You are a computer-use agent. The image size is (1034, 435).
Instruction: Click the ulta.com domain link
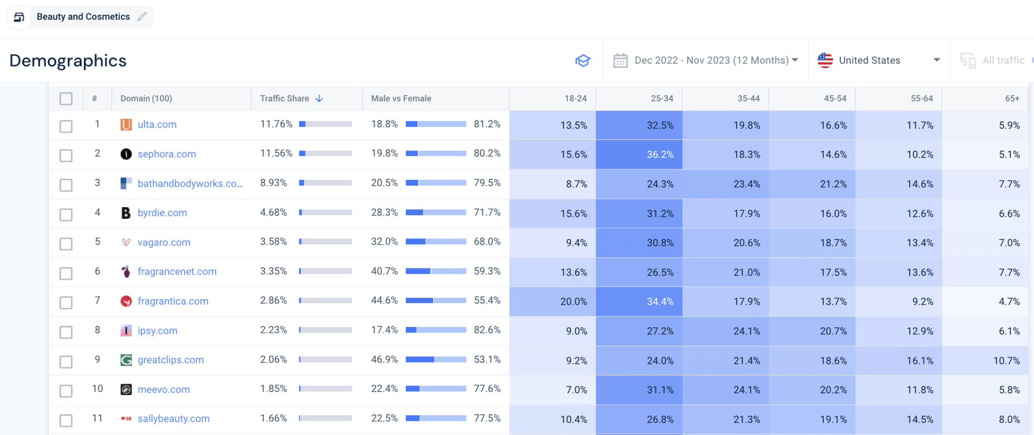[157, 125]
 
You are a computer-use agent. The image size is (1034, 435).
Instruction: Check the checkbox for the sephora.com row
[66, 155]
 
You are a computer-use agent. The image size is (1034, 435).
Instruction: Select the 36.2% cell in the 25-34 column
[639, 155]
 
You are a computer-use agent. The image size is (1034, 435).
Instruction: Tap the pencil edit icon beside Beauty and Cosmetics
[142, 17]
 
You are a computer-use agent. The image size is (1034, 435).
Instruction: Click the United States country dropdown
[878, 61]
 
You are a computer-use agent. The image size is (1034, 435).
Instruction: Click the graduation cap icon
[583, 61]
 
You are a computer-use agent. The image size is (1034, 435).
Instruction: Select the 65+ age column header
[1012, 99]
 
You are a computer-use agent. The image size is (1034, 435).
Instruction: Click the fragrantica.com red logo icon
[126, 302]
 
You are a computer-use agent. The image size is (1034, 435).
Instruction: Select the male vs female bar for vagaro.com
[436, 242]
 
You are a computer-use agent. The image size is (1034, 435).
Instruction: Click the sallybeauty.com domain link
[173, 419]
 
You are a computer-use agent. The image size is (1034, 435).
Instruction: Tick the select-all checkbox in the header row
[66, 99]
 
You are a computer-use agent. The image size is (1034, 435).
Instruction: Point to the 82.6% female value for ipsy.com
[487, 330]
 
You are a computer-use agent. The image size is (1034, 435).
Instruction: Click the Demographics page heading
[68, 61]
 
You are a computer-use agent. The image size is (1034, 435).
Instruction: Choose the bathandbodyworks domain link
[190, 184]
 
